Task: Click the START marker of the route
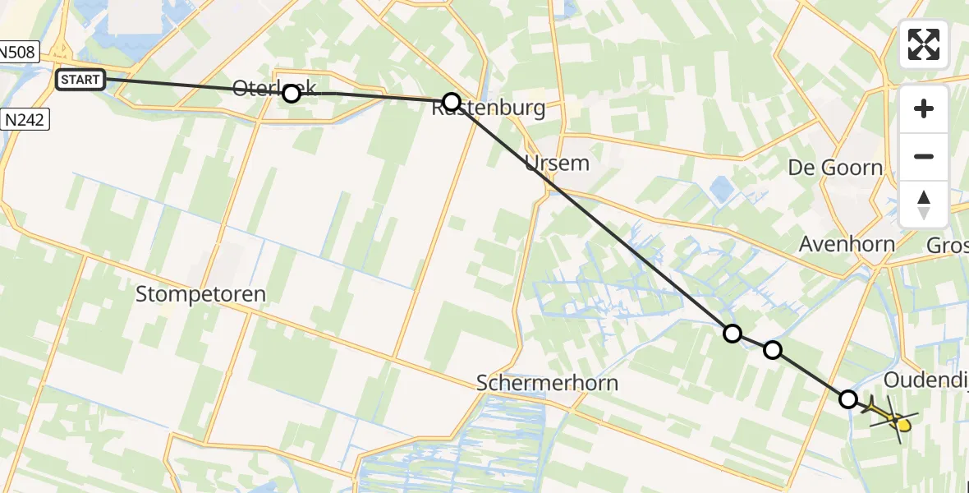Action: click(x=80, y=80)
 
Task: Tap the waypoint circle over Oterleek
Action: click(x=292, y=94)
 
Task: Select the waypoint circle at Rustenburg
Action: click(x=452, y=102)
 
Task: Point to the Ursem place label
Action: click(x=557, y=163)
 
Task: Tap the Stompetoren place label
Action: click(x=200, y=293)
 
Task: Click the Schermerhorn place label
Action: click(x=547, y=383)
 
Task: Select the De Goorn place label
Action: click(x=835, y=168)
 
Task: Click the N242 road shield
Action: click(x=25, y=120)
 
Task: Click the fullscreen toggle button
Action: click(x=924, y=44)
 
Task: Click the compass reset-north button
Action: click(x=924, y=204)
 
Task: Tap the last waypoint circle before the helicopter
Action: click(x=848, y=399)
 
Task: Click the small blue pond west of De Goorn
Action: click(x=723, y=190)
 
